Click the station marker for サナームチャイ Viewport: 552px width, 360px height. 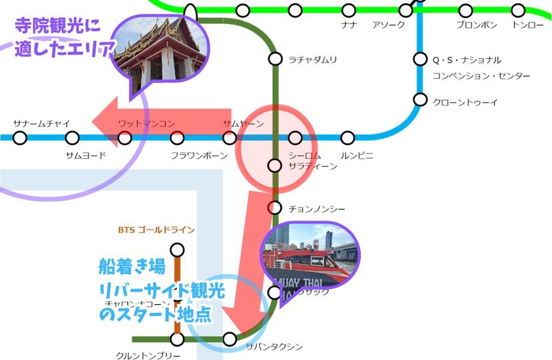click(20, 138)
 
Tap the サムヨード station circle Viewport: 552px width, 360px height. click(72, 138)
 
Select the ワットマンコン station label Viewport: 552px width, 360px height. click(146, 124)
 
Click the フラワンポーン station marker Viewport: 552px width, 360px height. click(177, 138)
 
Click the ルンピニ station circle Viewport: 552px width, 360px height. click(348, 138)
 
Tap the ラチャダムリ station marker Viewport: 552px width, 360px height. click(275, 59)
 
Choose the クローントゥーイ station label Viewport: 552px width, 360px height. click(465, 103)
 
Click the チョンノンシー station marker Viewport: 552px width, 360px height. click(274, 208)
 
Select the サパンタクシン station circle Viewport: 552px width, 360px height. click(229, 339)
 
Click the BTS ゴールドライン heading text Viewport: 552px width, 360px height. click(157, 230)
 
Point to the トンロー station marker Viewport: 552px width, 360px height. click(518, 10)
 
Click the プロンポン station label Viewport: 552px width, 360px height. click(476, 25)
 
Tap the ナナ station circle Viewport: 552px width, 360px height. click(348, 10)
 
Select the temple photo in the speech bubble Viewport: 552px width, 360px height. click(159, 51)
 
